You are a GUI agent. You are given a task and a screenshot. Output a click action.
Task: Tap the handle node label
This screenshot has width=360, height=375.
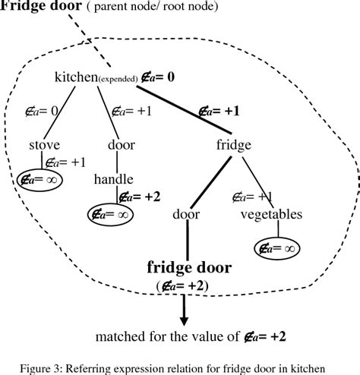click(114, 179)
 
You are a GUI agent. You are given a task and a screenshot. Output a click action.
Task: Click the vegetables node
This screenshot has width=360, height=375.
click(271, 215)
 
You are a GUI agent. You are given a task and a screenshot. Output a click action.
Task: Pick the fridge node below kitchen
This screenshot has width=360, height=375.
click(233, 144)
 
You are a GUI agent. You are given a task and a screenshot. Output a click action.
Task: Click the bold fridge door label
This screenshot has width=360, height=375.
click(188, 268)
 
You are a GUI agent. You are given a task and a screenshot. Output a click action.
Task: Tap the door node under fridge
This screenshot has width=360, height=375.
click(186, 215)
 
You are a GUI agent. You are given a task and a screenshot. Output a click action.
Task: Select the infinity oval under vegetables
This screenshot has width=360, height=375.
click(276, 247)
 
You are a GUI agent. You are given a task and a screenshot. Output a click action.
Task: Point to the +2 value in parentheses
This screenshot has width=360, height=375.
click(188, 285)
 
